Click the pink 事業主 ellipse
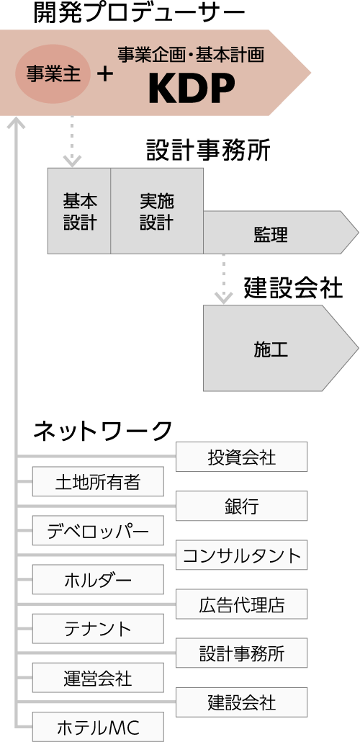coord(53,74)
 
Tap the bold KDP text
coord(192,89)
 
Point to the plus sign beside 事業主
coord(105,74)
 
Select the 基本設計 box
coord(79,211)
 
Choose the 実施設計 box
coord(157,211)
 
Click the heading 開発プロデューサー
coord(139,14)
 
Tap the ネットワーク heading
coord(102,431)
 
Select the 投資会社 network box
coord(241,457)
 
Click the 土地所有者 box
coord(98,481)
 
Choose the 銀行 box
coord(241,506)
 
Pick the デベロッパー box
coord(98,530)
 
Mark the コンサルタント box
coord(241,555)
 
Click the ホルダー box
coord(98,579)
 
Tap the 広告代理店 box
coord(241,604)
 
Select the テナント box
coord(98,628)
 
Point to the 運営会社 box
coord(98,678)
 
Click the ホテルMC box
coord(98,727)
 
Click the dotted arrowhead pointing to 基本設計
coord(72,161)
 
